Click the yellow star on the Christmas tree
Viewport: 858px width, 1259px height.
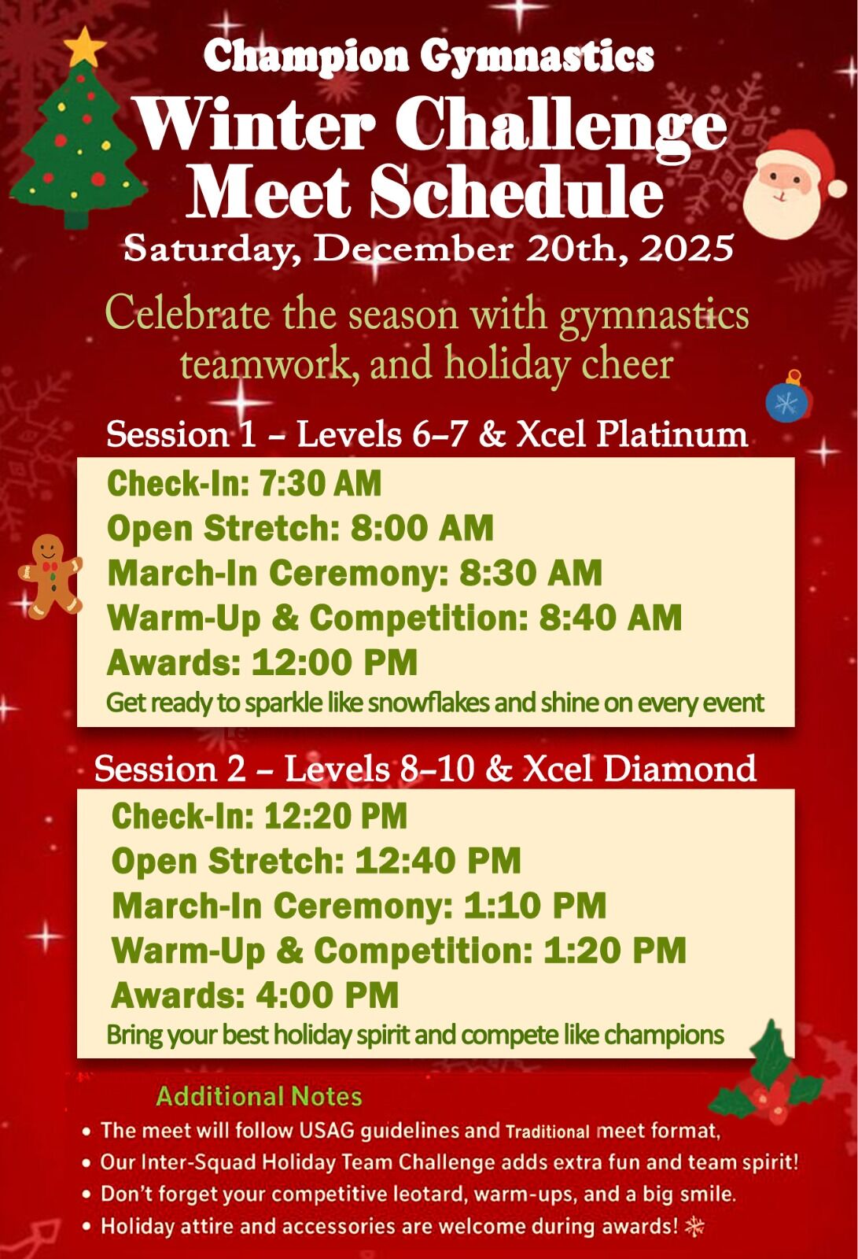pyautogui.click(x=85, y=46)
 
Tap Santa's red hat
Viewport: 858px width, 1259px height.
pyautogui.click(x=809, y=157)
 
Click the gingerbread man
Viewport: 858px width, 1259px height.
pyautogui.click(x=50, y=576)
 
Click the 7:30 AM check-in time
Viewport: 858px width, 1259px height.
pyautogui.click(x=320, y=483)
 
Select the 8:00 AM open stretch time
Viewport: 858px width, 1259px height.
pyautogui.click(x=422, y=528)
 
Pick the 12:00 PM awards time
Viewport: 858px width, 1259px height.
pyautogui.click(x=334, y=662)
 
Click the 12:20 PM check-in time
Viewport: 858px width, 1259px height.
pyautogui.click(x=336, y=815)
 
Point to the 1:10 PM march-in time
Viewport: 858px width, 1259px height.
pyautogui.click(x=535, y=906)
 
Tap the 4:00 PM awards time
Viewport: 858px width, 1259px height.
pyautogui.click(x=327, y=995)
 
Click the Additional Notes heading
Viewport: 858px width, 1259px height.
pyautogui.click(x=259, y=1096)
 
